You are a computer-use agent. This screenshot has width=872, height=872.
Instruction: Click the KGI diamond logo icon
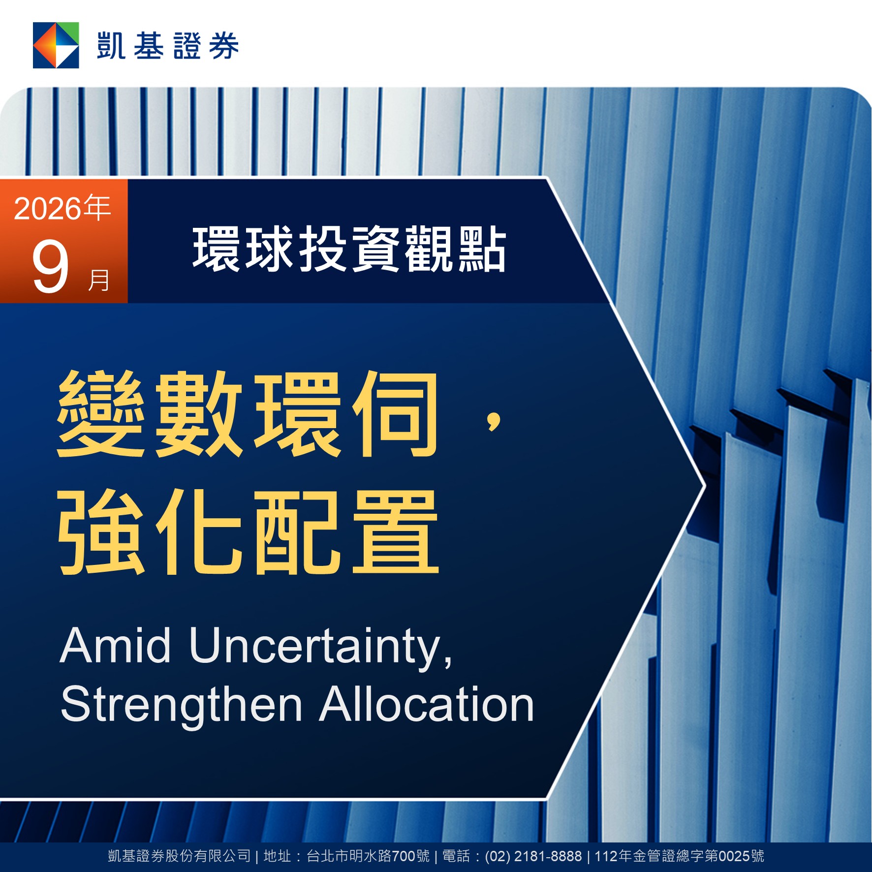pos(56,45)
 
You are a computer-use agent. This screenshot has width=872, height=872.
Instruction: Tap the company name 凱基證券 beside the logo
pos(168,46)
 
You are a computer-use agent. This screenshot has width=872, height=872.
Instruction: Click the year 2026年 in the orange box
pos(62,208)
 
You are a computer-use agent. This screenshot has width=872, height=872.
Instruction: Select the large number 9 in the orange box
pos(50,268)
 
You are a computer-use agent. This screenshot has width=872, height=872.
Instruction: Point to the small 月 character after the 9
pos(98,280)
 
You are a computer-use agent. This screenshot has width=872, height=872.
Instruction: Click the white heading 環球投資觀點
pos(349,249)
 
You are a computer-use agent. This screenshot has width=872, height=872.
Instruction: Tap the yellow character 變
pos(101,414)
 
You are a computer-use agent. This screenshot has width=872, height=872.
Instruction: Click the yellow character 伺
pos(395,414)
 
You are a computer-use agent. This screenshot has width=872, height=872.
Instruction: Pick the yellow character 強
pos(101,532)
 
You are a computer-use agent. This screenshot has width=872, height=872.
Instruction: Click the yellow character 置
pos(395,532)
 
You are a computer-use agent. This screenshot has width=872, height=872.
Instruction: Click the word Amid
pos(115,645)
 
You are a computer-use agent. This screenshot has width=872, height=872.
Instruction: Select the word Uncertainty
pos(320,648)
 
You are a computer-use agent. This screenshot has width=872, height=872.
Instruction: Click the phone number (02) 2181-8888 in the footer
pos(533,856)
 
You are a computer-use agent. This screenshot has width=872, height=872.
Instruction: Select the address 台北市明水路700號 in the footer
pos(368,856)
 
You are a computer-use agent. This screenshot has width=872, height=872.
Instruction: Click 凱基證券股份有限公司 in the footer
pos(180,856)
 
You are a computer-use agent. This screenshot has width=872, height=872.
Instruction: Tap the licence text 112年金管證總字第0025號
pos(679,856)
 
